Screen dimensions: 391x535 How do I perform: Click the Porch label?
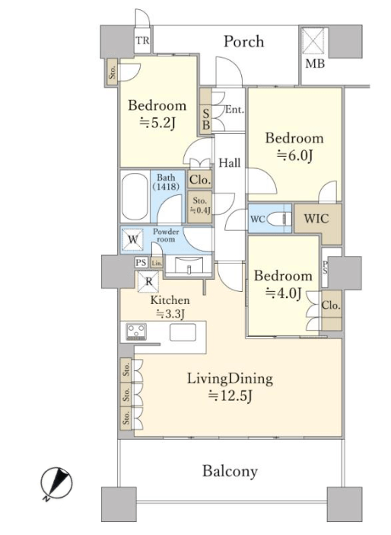point(243,42)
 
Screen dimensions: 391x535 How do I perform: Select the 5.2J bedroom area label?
point(157,123)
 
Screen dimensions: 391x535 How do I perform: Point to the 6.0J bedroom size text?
point(294,155)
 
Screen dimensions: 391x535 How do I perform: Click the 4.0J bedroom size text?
point(284,293)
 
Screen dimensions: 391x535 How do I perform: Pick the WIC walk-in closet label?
point(316,219)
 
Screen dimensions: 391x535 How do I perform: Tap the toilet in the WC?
point(279,219)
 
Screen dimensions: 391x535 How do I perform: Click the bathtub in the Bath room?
point(135,197)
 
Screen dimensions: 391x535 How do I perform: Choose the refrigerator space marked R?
point(148,282)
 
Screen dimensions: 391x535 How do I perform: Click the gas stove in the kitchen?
point(136,332)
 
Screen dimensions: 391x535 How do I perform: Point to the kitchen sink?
point(183,332)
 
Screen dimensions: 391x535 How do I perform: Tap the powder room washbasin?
point(189,264)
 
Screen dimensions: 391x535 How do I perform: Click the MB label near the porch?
point(315,63)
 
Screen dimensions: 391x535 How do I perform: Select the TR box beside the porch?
point(142,40)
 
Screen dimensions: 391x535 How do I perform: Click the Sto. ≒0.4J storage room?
point(199,207)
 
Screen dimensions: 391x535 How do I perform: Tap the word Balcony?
point(230,471)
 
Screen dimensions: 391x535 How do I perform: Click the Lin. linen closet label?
point(157,263)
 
